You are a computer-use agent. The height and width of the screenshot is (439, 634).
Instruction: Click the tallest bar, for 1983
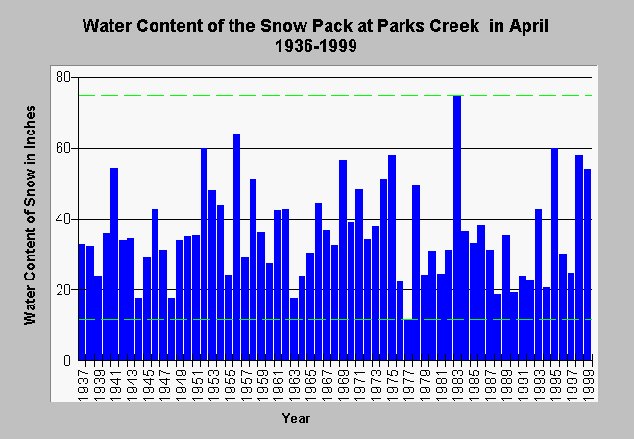[x=457, y=228]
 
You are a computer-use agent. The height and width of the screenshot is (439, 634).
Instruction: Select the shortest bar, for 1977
[x=408, y=339]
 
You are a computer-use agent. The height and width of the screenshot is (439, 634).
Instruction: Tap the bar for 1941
[x=114, y=264]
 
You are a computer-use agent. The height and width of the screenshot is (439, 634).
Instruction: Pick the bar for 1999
[x=588, y=265]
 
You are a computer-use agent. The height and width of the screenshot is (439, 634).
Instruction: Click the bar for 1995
[x=555, y=255]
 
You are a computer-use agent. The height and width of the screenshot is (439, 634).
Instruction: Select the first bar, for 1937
[x=82, y=302]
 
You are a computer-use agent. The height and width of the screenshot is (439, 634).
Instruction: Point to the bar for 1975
[x=392, y=257]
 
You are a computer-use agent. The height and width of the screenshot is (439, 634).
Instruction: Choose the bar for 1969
[x=343, y=260]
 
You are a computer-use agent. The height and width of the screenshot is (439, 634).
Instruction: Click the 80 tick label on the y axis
[x=63, y=77]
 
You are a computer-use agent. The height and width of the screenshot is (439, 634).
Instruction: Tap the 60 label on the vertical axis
[x=63, y=148]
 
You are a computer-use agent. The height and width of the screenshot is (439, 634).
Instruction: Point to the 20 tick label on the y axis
[x=63, y=290]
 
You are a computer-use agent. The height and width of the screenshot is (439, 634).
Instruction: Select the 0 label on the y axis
[x=67, y=360]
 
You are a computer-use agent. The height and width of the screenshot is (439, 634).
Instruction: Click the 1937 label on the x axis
[x=83, y=384]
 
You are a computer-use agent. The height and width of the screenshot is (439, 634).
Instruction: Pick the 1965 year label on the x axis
[x=311, y=384]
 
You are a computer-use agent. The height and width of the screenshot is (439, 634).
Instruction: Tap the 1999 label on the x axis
[x=588, y=384]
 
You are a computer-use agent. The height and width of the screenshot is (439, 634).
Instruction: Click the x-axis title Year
[x=297, y=418]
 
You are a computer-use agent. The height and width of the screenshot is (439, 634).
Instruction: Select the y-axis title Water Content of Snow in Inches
[x=30, y=215]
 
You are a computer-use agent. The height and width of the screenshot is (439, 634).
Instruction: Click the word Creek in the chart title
[x=454, y=26]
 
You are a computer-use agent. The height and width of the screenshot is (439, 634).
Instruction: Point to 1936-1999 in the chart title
[x=316, y=46]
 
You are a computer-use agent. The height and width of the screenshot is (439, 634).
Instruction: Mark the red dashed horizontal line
[x=335, y=232]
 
